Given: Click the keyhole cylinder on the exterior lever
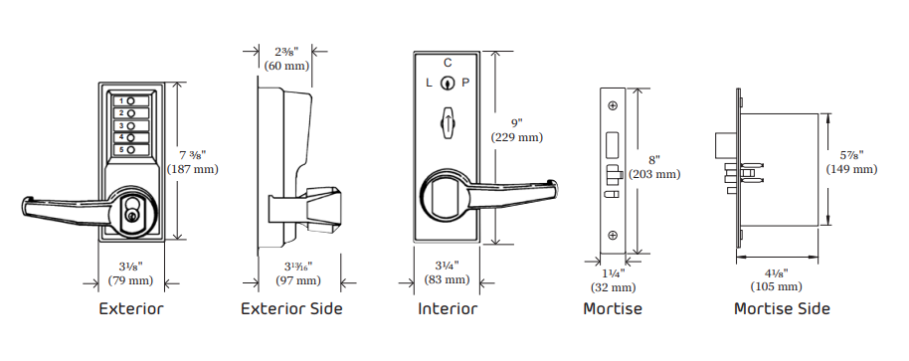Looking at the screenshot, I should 131,212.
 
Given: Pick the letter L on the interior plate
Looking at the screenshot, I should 429,84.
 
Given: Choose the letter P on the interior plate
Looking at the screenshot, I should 465,84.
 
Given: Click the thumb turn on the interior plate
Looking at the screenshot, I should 447,124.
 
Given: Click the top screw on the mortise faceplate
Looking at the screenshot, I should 612,105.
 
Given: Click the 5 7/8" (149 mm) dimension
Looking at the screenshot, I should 851,161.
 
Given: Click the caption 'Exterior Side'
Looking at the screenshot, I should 291,309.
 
